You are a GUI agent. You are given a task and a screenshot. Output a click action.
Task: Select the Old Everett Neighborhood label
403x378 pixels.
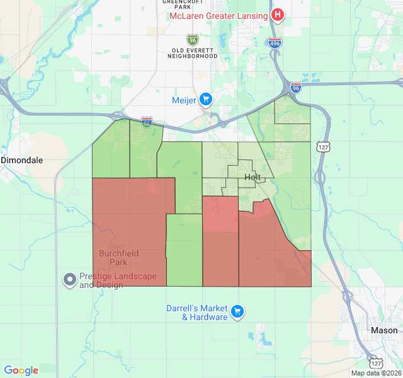coord(193,52)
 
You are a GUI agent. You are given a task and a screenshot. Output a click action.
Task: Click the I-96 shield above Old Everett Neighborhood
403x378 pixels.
coord(193,39)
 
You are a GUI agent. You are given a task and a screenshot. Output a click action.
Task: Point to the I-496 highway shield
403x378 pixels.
coord(275,43)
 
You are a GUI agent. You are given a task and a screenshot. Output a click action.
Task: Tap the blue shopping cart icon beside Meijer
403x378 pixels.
coord(206,100)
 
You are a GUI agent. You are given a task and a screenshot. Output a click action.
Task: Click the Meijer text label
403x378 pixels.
coord(184,100)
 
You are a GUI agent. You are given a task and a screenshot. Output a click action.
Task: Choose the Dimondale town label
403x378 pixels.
coord(22,160)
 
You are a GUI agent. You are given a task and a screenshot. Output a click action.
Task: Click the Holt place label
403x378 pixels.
coord(253,178)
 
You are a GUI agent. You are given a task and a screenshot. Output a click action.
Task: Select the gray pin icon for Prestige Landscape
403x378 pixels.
coord(70,278)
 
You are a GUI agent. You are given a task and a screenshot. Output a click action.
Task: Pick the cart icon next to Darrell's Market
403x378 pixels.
coord(237,311)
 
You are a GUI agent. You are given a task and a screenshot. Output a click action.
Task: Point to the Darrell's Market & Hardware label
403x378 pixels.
coord(196,312)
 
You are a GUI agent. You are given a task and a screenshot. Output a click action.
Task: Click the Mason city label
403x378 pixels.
coord(384,330)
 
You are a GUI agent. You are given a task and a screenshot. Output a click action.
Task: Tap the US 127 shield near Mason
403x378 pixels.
coord(375,363)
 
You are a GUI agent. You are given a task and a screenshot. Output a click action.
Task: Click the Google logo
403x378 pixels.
coord(21,370)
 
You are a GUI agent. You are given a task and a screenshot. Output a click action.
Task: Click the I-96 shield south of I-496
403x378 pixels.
coord(296,88)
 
